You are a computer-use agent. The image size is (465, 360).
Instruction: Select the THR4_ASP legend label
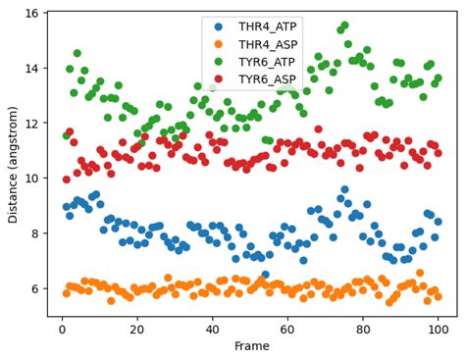click(259, 44)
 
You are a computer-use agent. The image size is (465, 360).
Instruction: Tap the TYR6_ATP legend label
click(259, 61)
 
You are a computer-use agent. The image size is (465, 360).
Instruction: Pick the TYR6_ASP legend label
click(259, 77)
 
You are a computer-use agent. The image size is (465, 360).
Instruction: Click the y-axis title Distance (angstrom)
click(12, 164)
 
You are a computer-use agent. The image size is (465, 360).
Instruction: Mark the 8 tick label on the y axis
click(33, 233)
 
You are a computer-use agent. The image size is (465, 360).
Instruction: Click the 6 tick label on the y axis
click(33, 288)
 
